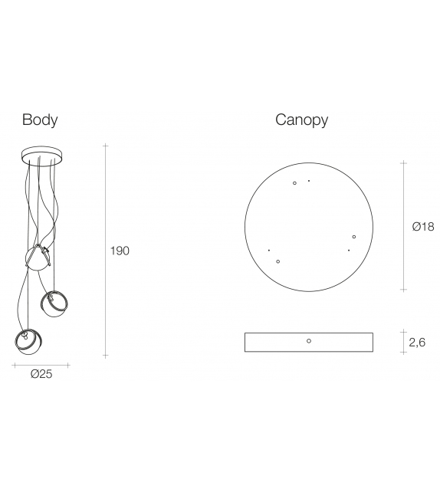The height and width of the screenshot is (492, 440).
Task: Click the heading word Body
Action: pyautogui.click(x=40, y=120)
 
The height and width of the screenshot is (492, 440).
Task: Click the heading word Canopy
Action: pyautogui.click(x=301, y=120)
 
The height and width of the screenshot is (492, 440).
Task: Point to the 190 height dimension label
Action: pyautogui.click(x=120, y=251)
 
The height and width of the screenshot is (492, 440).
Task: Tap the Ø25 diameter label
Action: pyautogui.click(x=41, y=374)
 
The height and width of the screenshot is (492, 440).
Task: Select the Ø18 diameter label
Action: pyautogui.click(x=423, y=227)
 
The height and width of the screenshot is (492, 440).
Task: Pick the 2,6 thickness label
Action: pyautogui.click(x=417, y=343)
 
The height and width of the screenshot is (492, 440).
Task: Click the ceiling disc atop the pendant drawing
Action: pyautogui.click(x=41, y=155)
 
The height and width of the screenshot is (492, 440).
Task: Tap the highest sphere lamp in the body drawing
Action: pyautogui.click(x=38, y=258)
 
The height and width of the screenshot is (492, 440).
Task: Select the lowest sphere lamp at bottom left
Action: pyautogui.click(x=29, y=342)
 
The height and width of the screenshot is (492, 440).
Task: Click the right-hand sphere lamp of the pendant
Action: pyautogui.click(x=54, y=303)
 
